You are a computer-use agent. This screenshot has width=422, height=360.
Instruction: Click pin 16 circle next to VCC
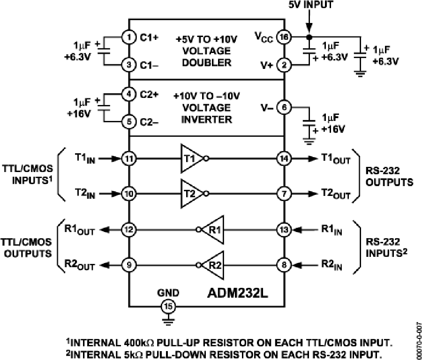click(x=284, y=37)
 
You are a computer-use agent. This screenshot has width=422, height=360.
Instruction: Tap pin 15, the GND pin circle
click(x=167, y=307)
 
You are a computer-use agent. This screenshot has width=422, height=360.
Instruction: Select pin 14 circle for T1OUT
click(x=284, y=158)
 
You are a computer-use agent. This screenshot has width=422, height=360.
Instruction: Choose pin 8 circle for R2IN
click(x=284, y=265)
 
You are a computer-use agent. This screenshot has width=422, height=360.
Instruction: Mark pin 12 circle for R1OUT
click(x=129, y=230)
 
